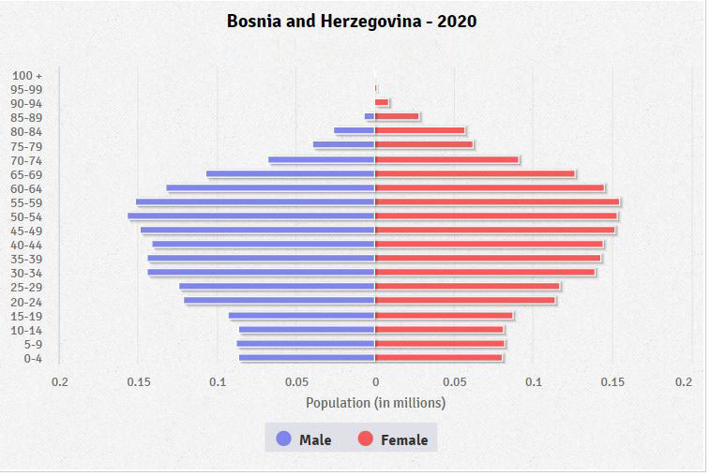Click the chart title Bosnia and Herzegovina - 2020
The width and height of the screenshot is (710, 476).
pyautogui.click(x=352, y=21)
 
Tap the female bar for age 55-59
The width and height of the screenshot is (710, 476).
pyautogui.click(x=496, y=201)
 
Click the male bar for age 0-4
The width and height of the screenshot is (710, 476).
pyautogui.click(x=307, y=358)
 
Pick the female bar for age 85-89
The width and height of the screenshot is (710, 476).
pyautogui.click(x=397, y=116)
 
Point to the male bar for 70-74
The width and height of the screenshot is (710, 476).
pyautogui.click(x=322, y=159)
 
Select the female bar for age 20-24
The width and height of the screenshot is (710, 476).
pyautogui.click(x=464, y=301)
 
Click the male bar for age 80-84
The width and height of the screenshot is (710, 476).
pyautogui.click(x=355, y=131)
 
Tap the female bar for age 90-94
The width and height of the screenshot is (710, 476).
pyautogui.click(x=382, y=102)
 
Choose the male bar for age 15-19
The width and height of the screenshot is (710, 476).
pyautogui.click(x=301, y=316)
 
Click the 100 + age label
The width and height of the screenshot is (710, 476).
pyautogui.click(x=28, y=75)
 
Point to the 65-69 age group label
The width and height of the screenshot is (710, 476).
pyautogui.click(x=27, y=174)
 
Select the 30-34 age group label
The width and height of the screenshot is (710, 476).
pyautogui.click(x=27, y=273)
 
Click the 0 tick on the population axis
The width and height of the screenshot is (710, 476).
pyautogui.click(x=375, y=382)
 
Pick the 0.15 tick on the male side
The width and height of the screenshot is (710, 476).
pyautogui.click(x=139, y=382)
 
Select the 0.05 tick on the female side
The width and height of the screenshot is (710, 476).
pyautogui.click(x=454, y=382)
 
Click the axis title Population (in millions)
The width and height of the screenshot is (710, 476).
pyautogui.click(x=375, y=403)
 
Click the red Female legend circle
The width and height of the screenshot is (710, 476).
pyautogui.click(x=366, y=439)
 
